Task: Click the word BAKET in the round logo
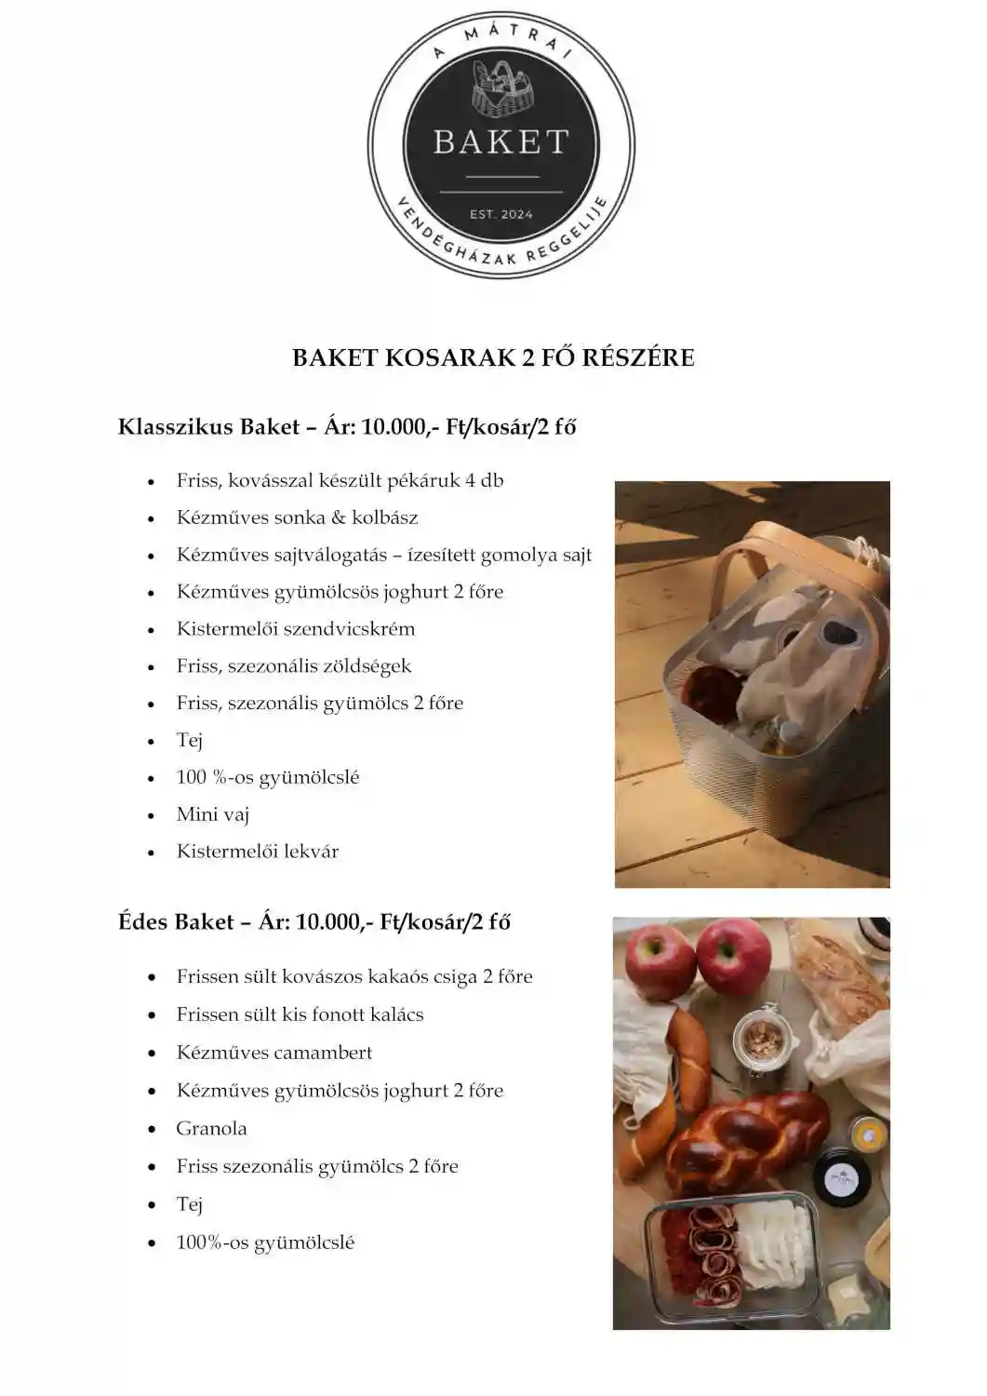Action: click(500, 141)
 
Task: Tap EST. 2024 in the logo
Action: click(500, 214)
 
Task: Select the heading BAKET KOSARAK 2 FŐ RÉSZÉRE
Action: click(493, 358)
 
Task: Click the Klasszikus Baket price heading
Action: click(347, 427)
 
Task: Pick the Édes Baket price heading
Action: click(314, 922)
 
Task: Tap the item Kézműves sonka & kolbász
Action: click(297, 517)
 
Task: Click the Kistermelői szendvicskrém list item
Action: click(295, 629)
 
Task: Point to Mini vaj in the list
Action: click(213, 814)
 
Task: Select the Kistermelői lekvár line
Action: click(258, 852)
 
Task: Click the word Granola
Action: click(211, 1129)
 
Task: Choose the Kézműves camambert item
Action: click(273, 1053)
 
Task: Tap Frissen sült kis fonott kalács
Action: click(300, 1014)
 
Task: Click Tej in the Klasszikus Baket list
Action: click(190, 740)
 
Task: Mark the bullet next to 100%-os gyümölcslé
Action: click(152, 1243)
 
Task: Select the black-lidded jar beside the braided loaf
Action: click(842, 1177)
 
